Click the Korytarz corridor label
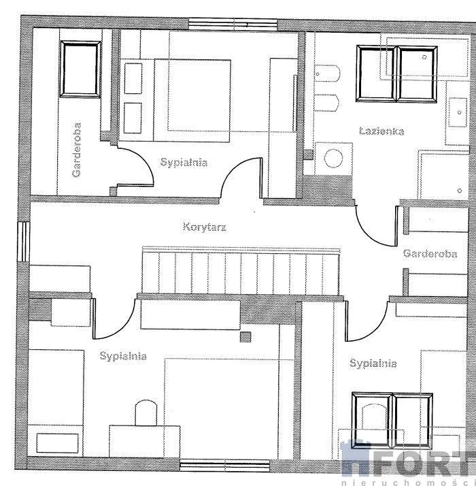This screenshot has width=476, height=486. click(x=205, y=227)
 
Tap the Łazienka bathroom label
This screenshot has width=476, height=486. click(x=381, y=131)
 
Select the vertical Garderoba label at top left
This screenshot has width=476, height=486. click(x=76, y=150)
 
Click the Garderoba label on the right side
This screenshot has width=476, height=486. click(x=430, y=254)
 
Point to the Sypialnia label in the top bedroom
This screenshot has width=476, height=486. click(x=184, y=163)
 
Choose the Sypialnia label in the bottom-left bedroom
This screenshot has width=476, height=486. click(x=123, y=356)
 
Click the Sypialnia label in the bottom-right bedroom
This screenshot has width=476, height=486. click(x=373, y=363)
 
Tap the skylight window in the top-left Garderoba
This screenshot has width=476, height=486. click(x=80, y=69)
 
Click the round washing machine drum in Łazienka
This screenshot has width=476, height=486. click(x=333, y=158)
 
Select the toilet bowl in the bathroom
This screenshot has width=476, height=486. click(x=326, y=74)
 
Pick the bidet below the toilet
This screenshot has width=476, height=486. click(x=326, y=103)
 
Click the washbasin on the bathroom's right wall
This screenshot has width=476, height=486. click(x=458, y=112)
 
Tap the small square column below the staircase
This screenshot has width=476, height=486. click(x=245, y=337)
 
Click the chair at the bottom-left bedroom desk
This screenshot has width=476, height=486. click(x=146, y=412)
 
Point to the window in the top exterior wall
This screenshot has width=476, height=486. click(x=233, y=25)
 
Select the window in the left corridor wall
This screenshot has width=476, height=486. click(x=24, y=242)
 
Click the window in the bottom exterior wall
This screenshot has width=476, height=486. click(x=225, y=466)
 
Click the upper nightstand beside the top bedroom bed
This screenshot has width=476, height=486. click(x=133, y=78)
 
